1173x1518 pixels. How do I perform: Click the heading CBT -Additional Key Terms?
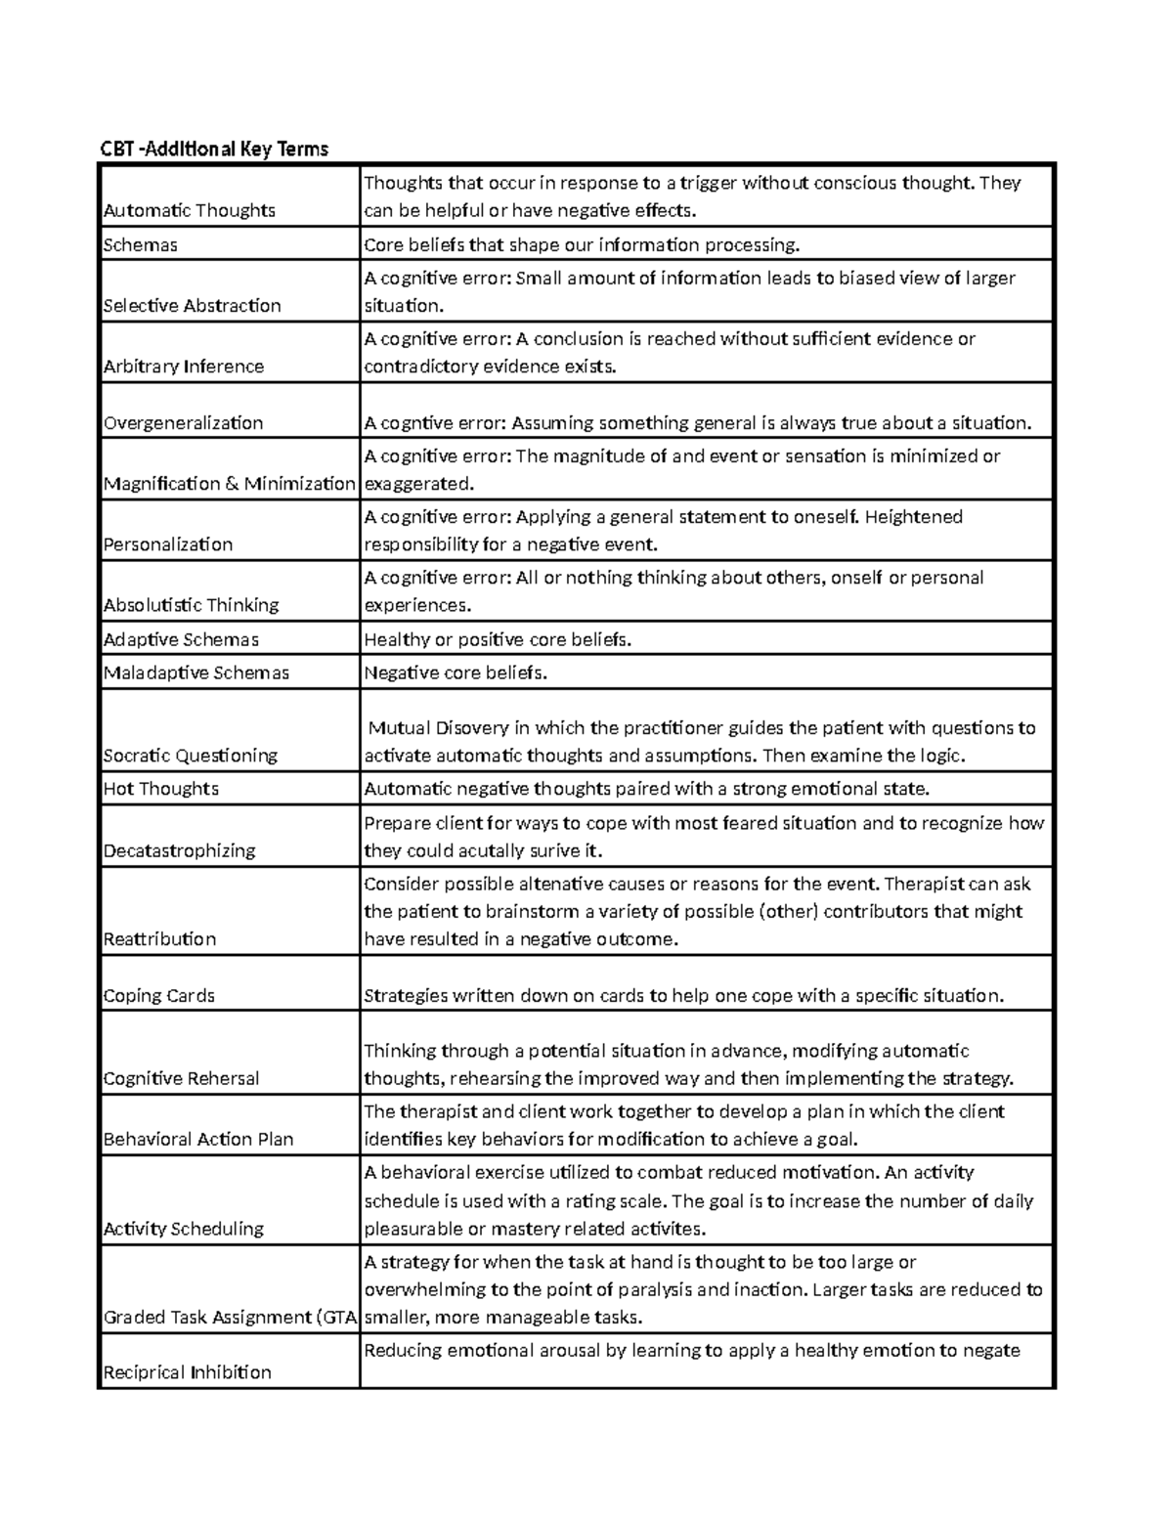(215, 149)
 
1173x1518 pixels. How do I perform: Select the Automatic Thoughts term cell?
(190, 210)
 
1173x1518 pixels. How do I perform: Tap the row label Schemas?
(141, 245)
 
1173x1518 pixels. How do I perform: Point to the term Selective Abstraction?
(193, 306)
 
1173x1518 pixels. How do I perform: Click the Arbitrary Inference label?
(184, 367)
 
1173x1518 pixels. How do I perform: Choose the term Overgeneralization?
(184, 423)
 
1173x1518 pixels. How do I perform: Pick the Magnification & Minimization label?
(230, 484)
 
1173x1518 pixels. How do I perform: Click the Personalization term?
(168, 544)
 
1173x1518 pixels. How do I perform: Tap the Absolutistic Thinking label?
(192, 605)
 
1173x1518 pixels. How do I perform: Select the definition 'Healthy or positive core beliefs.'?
(498, 640)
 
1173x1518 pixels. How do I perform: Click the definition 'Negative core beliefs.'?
(456, 672)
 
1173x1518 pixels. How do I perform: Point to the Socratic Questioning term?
(191, 756)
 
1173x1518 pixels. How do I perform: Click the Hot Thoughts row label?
(161, 789)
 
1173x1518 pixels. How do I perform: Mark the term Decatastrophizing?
(180, 850)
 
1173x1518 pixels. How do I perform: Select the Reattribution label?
(159, 939)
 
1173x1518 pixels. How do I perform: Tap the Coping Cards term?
(159, 996)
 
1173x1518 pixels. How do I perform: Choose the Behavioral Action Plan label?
(198, 1140)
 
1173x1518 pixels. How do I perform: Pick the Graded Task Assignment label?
(230, 1318)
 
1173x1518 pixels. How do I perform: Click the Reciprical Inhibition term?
(188, 1372)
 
